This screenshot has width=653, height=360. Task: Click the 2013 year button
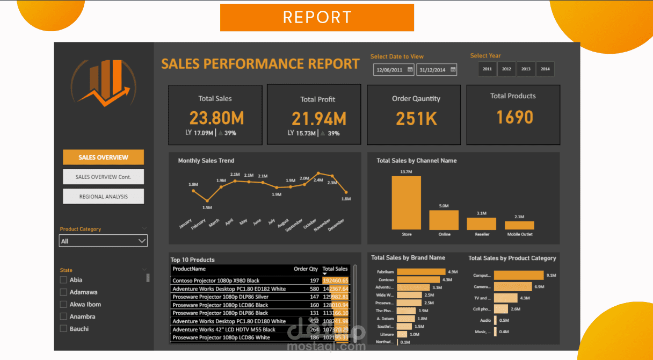(x=526, y=69)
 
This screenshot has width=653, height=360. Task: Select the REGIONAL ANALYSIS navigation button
(x=103, y=197)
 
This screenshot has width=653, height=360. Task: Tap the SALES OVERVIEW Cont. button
(x=103, y=177)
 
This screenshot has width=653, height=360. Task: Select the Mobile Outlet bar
(x=519, y=225)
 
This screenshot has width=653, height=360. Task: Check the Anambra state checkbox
(x=63, y=316)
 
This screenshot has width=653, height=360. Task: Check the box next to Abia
(x=63, y=280)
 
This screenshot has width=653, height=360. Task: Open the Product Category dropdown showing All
(x=103, y=241)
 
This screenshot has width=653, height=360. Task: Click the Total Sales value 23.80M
(x=215, y=118)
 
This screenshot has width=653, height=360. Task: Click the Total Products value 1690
(x=514, y=117)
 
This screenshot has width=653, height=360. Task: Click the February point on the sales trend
(x=207, y=200)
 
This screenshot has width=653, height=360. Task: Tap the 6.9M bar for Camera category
(x=512, y=287)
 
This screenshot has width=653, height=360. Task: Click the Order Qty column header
(x=306, y=269)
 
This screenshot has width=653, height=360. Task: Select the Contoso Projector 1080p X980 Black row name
(x=216, y=280)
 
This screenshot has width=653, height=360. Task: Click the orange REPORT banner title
(x=317, y=17)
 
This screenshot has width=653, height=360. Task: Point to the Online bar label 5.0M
(x=444, y=206)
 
